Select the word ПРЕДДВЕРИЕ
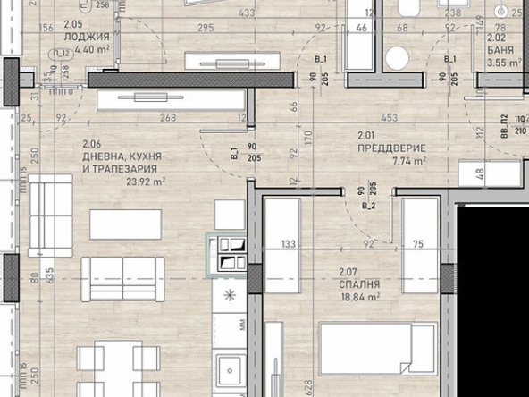[x=390, y=148]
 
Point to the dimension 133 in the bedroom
[x=288, y=241]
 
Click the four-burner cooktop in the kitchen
[x=228, y=252]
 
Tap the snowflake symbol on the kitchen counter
[x=228, y=294]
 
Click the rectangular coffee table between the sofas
[x=125, y=224]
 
